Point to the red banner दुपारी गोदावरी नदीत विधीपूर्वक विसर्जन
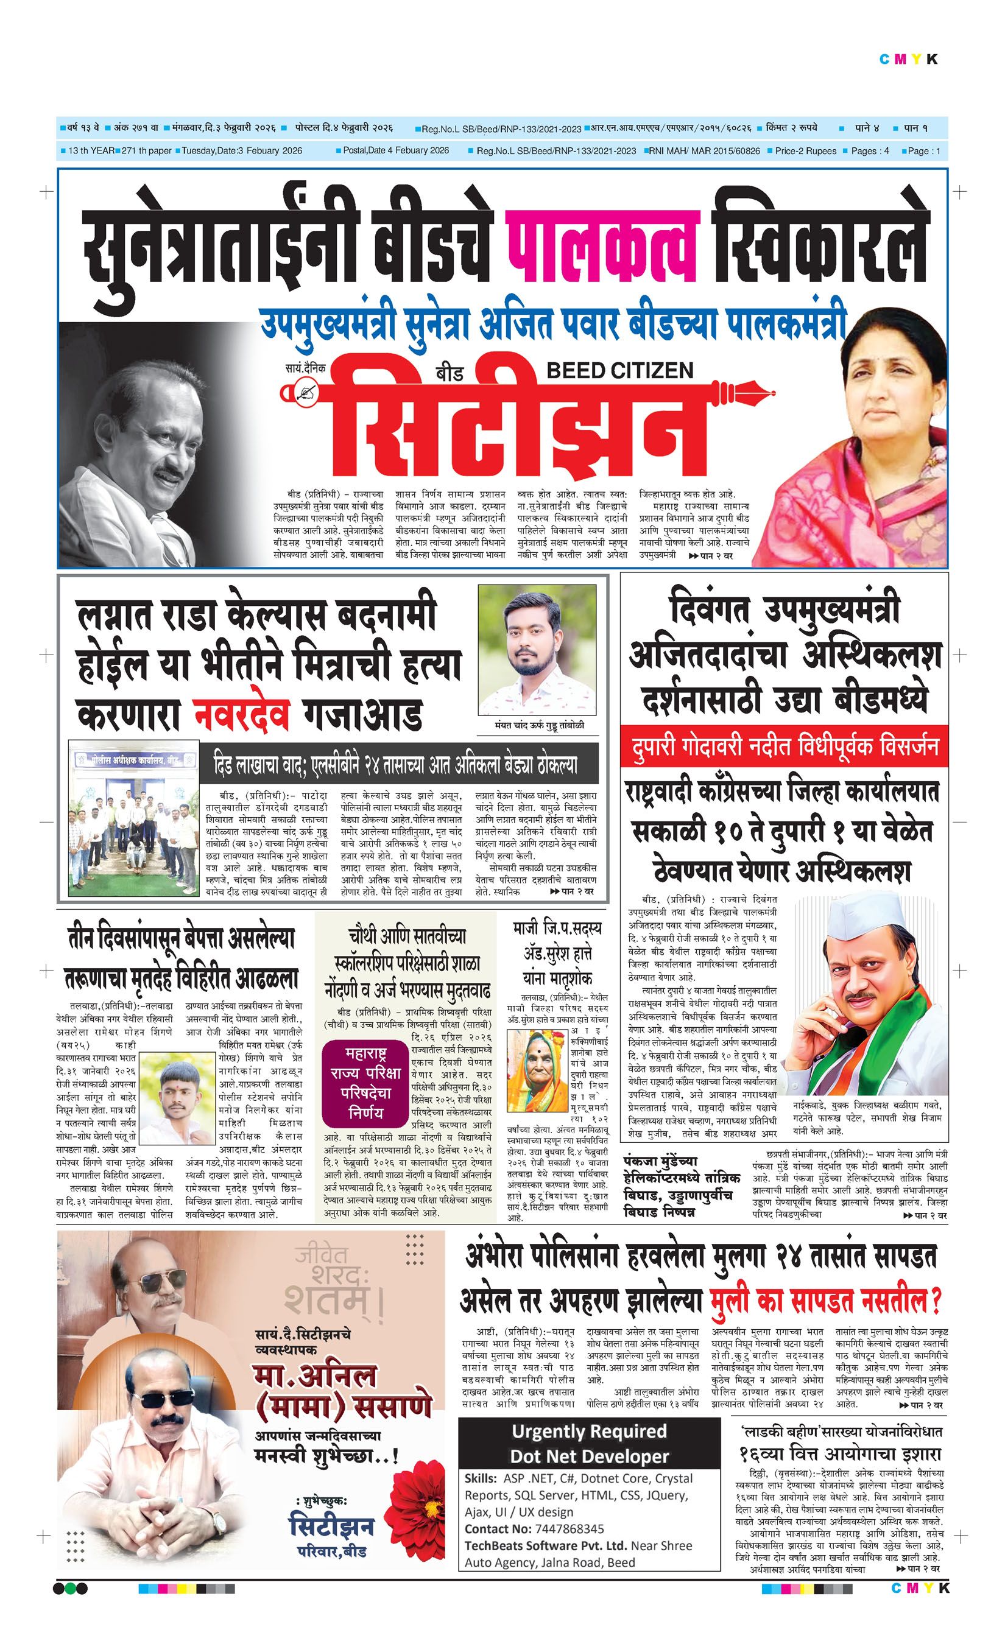783,745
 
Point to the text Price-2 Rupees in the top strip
805,151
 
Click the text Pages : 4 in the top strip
870,151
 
